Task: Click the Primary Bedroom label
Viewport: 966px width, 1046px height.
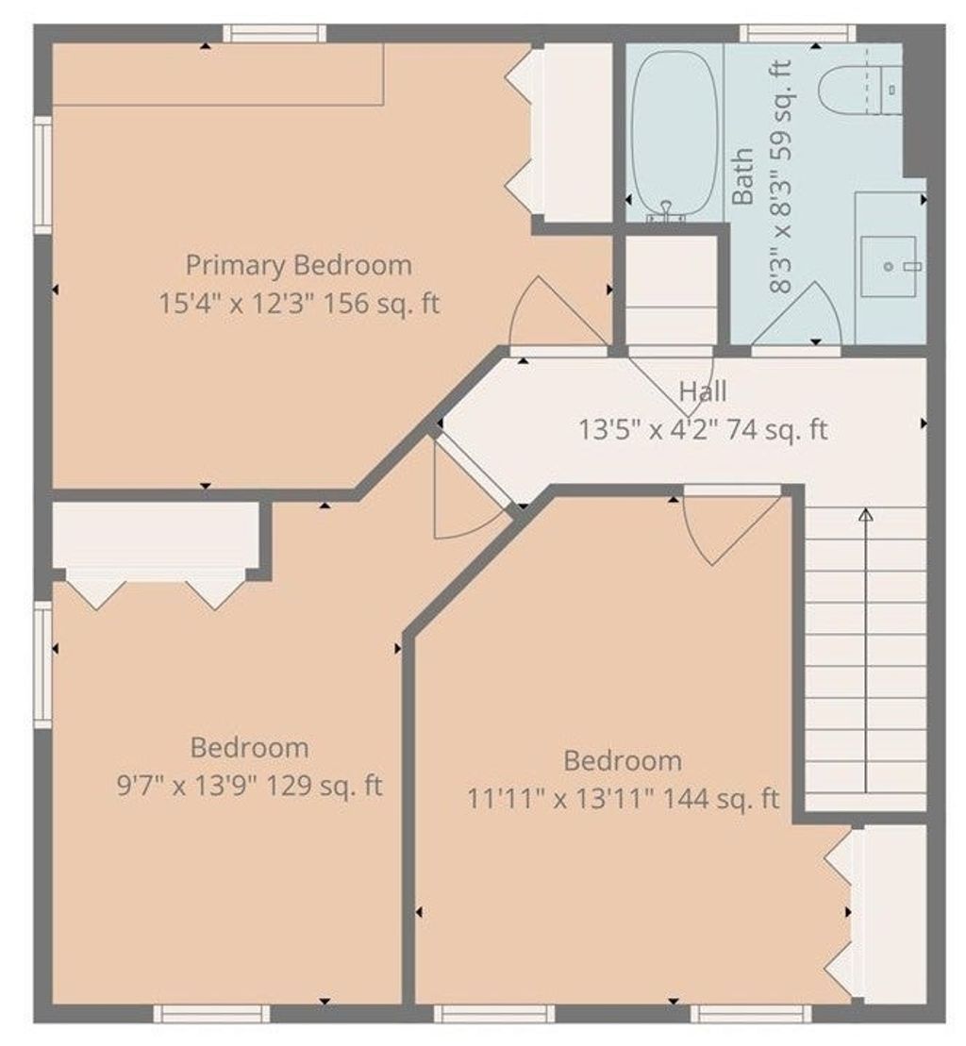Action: [x=298, y=265]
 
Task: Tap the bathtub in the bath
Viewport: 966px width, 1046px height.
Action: [x=675, y=133]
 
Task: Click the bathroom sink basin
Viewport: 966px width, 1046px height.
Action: [x=888, y=266]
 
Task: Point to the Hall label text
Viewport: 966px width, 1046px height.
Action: [x=703, y=390]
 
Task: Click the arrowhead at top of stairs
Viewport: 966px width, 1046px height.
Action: [x=866, y=515]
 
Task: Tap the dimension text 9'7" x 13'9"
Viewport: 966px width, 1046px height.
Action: [x=188, y=786]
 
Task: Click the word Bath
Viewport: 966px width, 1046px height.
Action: [x=742, y=176]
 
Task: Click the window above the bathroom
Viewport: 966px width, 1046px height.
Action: [x=798, y=33]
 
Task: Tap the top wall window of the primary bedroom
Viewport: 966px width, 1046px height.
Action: [x=275, y=33]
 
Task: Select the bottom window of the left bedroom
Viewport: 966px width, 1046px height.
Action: [x=211, y=1013]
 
